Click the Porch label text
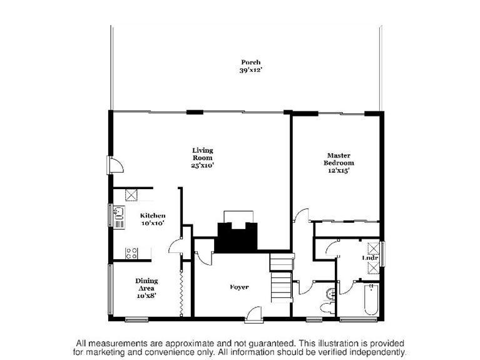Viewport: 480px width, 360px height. coord(250,62)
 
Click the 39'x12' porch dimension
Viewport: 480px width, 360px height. coord(250,70)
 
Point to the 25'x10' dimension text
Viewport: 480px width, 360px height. coord(203,166)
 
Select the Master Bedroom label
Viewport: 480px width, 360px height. coord(339,159)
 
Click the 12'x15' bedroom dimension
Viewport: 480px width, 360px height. coord(339,170)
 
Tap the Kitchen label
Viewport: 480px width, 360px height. coord(152,215)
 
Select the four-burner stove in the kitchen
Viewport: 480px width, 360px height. coord(131,253)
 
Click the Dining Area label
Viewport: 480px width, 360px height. coord(146,284)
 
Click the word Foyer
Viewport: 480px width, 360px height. coord(239,287)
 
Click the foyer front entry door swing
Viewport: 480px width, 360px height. coord(253,312)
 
